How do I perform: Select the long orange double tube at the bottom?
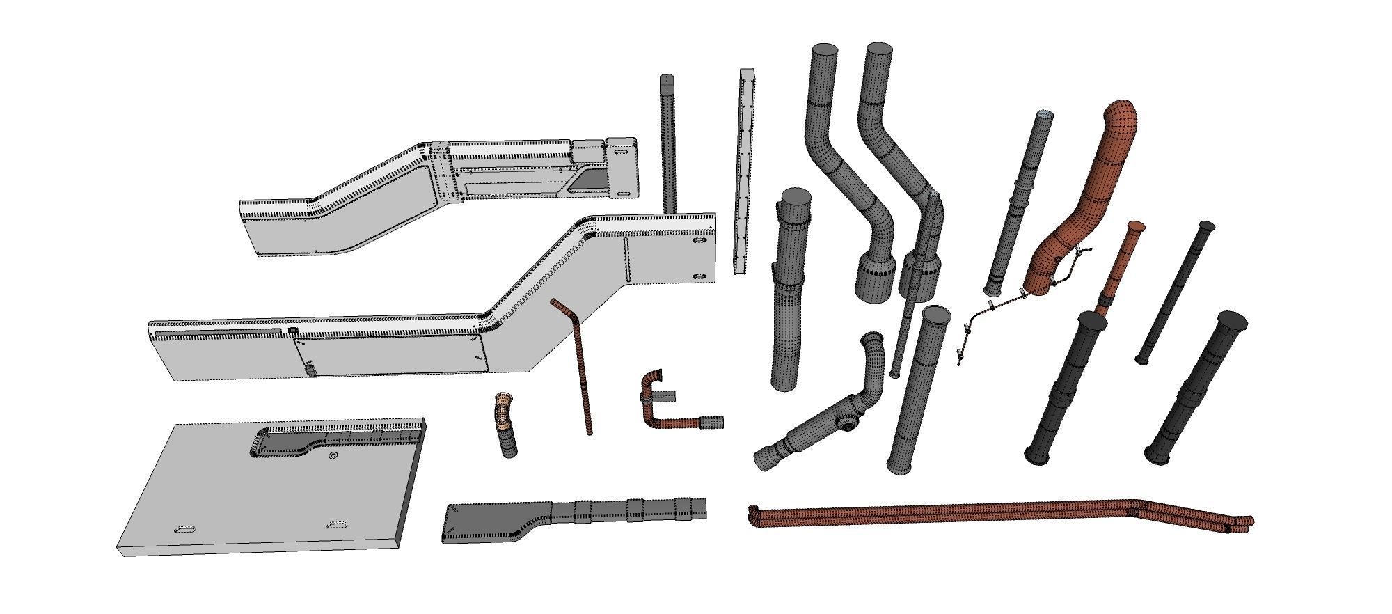pos(974,516)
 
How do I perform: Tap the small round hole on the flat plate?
pos(333,457)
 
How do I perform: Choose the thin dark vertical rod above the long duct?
pos(667,139)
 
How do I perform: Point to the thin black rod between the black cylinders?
pos(1176,292)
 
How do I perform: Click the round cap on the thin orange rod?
pos(1136,226)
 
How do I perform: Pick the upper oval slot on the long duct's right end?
pos(699,242)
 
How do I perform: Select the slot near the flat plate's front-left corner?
pos(184,529)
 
